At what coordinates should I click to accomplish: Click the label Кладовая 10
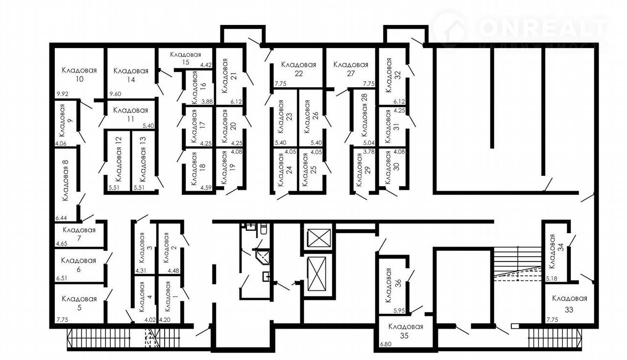tap(79, 74)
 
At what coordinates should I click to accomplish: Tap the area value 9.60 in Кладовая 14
tap(115, 94)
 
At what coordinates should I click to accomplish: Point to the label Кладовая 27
tap(351, 69)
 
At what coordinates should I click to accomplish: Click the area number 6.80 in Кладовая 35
tap(386, 344)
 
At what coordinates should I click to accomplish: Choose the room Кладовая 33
tap(569, 304)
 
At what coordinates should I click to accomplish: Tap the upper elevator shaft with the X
tap(319, 238)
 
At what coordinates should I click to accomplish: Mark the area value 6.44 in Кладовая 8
tap(61, 218)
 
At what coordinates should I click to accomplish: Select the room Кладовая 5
tap(79, 304)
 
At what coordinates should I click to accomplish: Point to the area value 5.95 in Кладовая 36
tap(399, 311)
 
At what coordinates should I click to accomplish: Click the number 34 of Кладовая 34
tap(561, 247)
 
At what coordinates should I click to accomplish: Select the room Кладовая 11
tap(131, 114)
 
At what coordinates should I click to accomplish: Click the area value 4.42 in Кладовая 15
tap(206, 65)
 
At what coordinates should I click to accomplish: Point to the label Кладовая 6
tap(78, 265)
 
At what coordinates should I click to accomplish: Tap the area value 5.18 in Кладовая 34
tap(552, 279)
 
